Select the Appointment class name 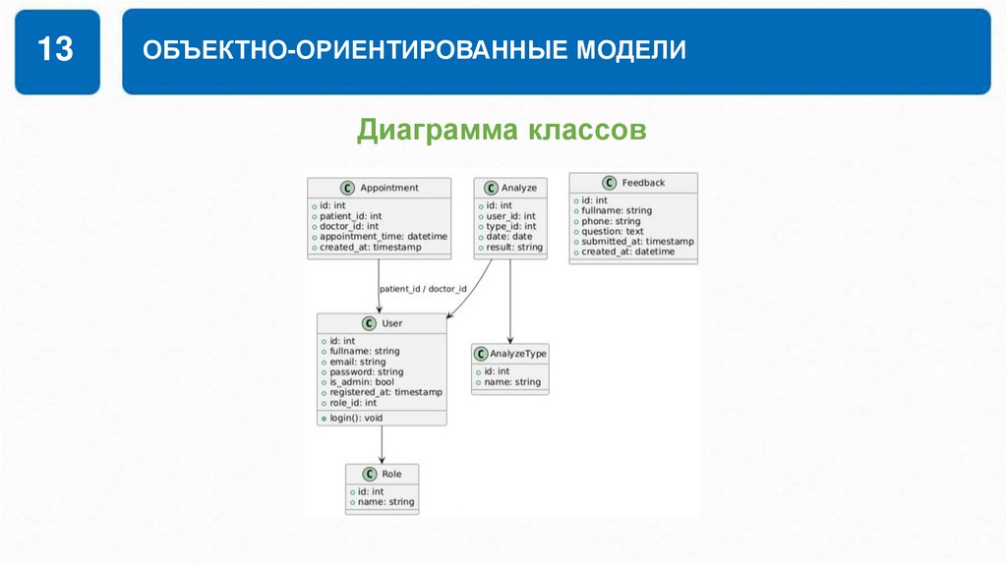(x=388, y=188)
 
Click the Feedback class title (x=644, y=183)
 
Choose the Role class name (x=391, y=474)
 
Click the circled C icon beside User (x=369, y=323)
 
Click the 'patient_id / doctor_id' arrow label (x=423, y=289)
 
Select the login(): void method (x=356, y=418)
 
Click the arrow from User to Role (x=382, y=444)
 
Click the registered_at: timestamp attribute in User (x=385, y=392)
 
